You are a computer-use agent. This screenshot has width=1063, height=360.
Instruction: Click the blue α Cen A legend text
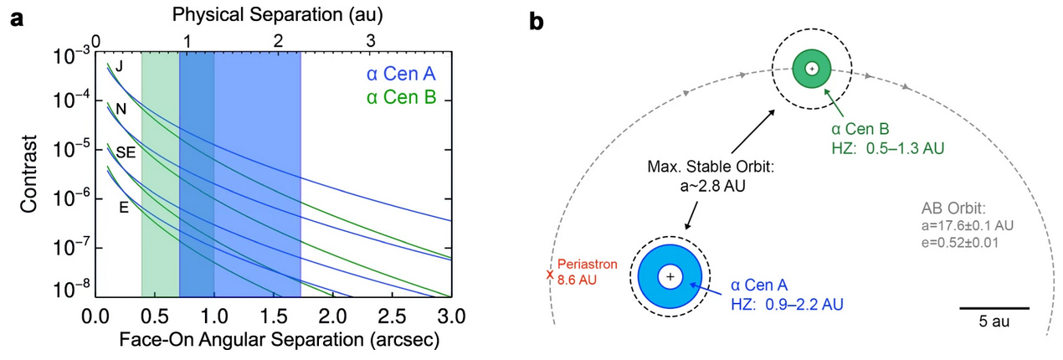tap(401, 74)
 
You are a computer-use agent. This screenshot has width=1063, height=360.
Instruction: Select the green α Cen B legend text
tap(401, 97)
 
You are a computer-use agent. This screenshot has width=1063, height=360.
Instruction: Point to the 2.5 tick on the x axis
tap(393, 316)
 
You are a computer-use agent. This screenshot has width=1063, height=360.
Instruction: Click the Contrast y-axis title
tap(28, 174)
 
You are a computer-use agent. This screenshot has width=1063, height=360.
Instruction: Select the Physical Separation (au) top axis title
tap(277, 15)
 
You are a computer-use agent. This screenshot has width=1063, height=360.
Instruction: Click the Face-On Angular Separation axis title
tap(280, 340)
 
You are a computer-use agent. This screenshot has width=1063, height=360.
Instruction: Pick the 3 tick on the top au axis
tap(371, 41)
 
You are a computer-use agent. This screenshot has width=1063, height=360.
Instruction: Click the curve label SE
tap(126, 152)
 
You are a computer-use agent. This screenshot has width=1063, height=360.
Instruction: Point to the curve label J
tap(119, 66)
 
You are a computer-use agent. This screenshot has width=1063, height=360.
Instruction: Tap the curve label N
tap(121, 110)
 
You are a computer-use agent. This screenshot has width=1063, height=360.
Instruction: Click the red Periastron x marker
tap(550, 275)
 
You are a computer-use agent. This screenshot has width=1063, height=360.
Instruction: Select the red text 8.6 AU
tap(577, 280)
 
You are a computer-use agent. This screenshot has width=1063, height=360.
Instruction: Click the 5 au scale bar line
tap(994, 308)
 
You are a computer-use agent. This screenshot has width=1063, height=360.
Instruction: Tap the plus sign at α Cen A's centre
tap(670, 276)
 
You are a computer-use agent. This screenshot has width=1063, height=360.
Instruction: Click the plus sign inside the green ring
tap(812, 69)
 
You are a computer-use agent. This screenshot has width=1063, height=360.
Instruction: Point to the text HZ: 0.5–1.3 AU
tap(888, 148)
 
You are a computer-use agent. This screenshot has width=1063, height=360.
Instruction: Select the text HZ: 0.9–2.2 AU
tap(788, 304)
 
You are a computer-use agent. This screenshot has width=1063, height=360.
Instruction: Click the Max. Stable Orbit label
tap(711, 167)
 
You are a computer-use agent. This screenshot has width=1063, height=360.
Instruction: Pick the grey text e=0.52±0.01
tap(960, 243)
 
